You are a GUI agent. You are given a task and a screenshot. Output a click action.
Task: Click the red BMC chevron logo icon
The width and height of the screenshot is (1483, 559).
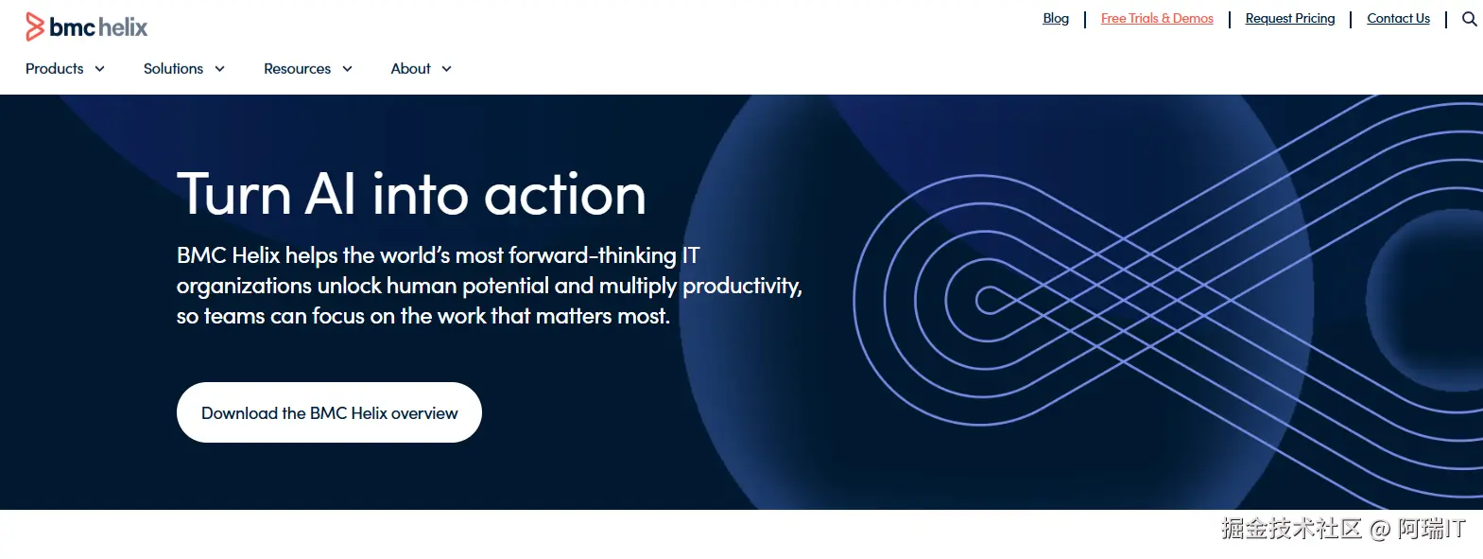click(x=35, y=26)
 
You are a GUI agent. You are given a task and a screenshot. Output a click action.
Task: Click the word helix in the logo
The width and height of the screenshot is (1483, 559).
click(x=123, y=27)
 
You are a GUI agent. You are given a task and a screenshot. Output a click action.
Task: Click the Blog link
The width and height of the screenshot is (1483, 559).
click(x=1056, y=19)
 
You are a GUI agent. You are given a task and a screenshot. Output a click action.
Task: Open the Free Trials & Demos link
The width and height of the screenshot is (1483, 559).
click(x=1157, y=19)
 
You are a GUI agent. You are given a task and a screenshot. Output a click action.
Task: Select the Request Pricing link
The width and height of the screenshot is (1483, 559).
click(x=1289, y=19)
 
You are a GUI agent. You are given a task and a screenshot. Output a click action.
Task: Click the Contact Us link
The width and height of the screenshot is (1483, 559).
click(x=1398, y=19)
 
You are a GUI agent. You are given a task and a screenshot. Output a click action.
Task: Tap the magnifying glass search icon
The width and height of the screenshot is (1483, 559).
click(x=1469, y=19)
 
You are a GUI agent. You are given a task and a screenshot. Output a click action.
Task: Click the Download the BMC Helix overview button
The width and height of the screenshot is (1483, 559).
click(x=329, y=412)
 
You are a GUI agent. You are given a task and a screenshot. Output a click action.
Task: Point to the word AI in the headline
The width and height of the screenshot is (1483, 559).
click(x=330, y=195)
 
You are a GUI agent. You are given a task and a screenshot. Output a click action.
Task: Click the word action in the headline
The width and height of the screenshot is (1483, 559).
click(x=564, y=195)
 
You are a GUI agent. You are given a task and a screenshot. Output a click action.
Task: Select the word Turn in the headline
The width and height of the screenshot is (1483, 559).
click(x=233, y=195)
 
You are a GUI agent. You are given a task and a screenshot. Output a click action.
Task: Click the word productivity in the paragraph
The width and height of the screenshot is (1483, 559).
click(x=742, y=287)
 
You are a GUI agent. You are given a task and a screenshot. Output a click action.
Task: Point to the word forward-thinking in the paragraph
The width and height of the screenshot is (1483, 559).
click(x=593, y=255)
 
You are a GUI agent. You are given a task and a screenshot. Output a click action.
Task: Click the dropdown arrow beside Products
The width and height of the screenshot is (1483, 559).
click(x=99, y=69)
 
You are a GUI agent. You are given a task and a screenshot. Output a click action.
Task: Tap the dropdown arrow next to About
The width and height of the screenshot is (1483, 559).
click(x=446, y=69)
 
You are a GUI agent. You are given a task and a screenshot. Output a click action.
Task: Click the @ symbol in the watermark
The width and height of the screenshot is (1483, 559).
click(x=1380, y=529)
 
